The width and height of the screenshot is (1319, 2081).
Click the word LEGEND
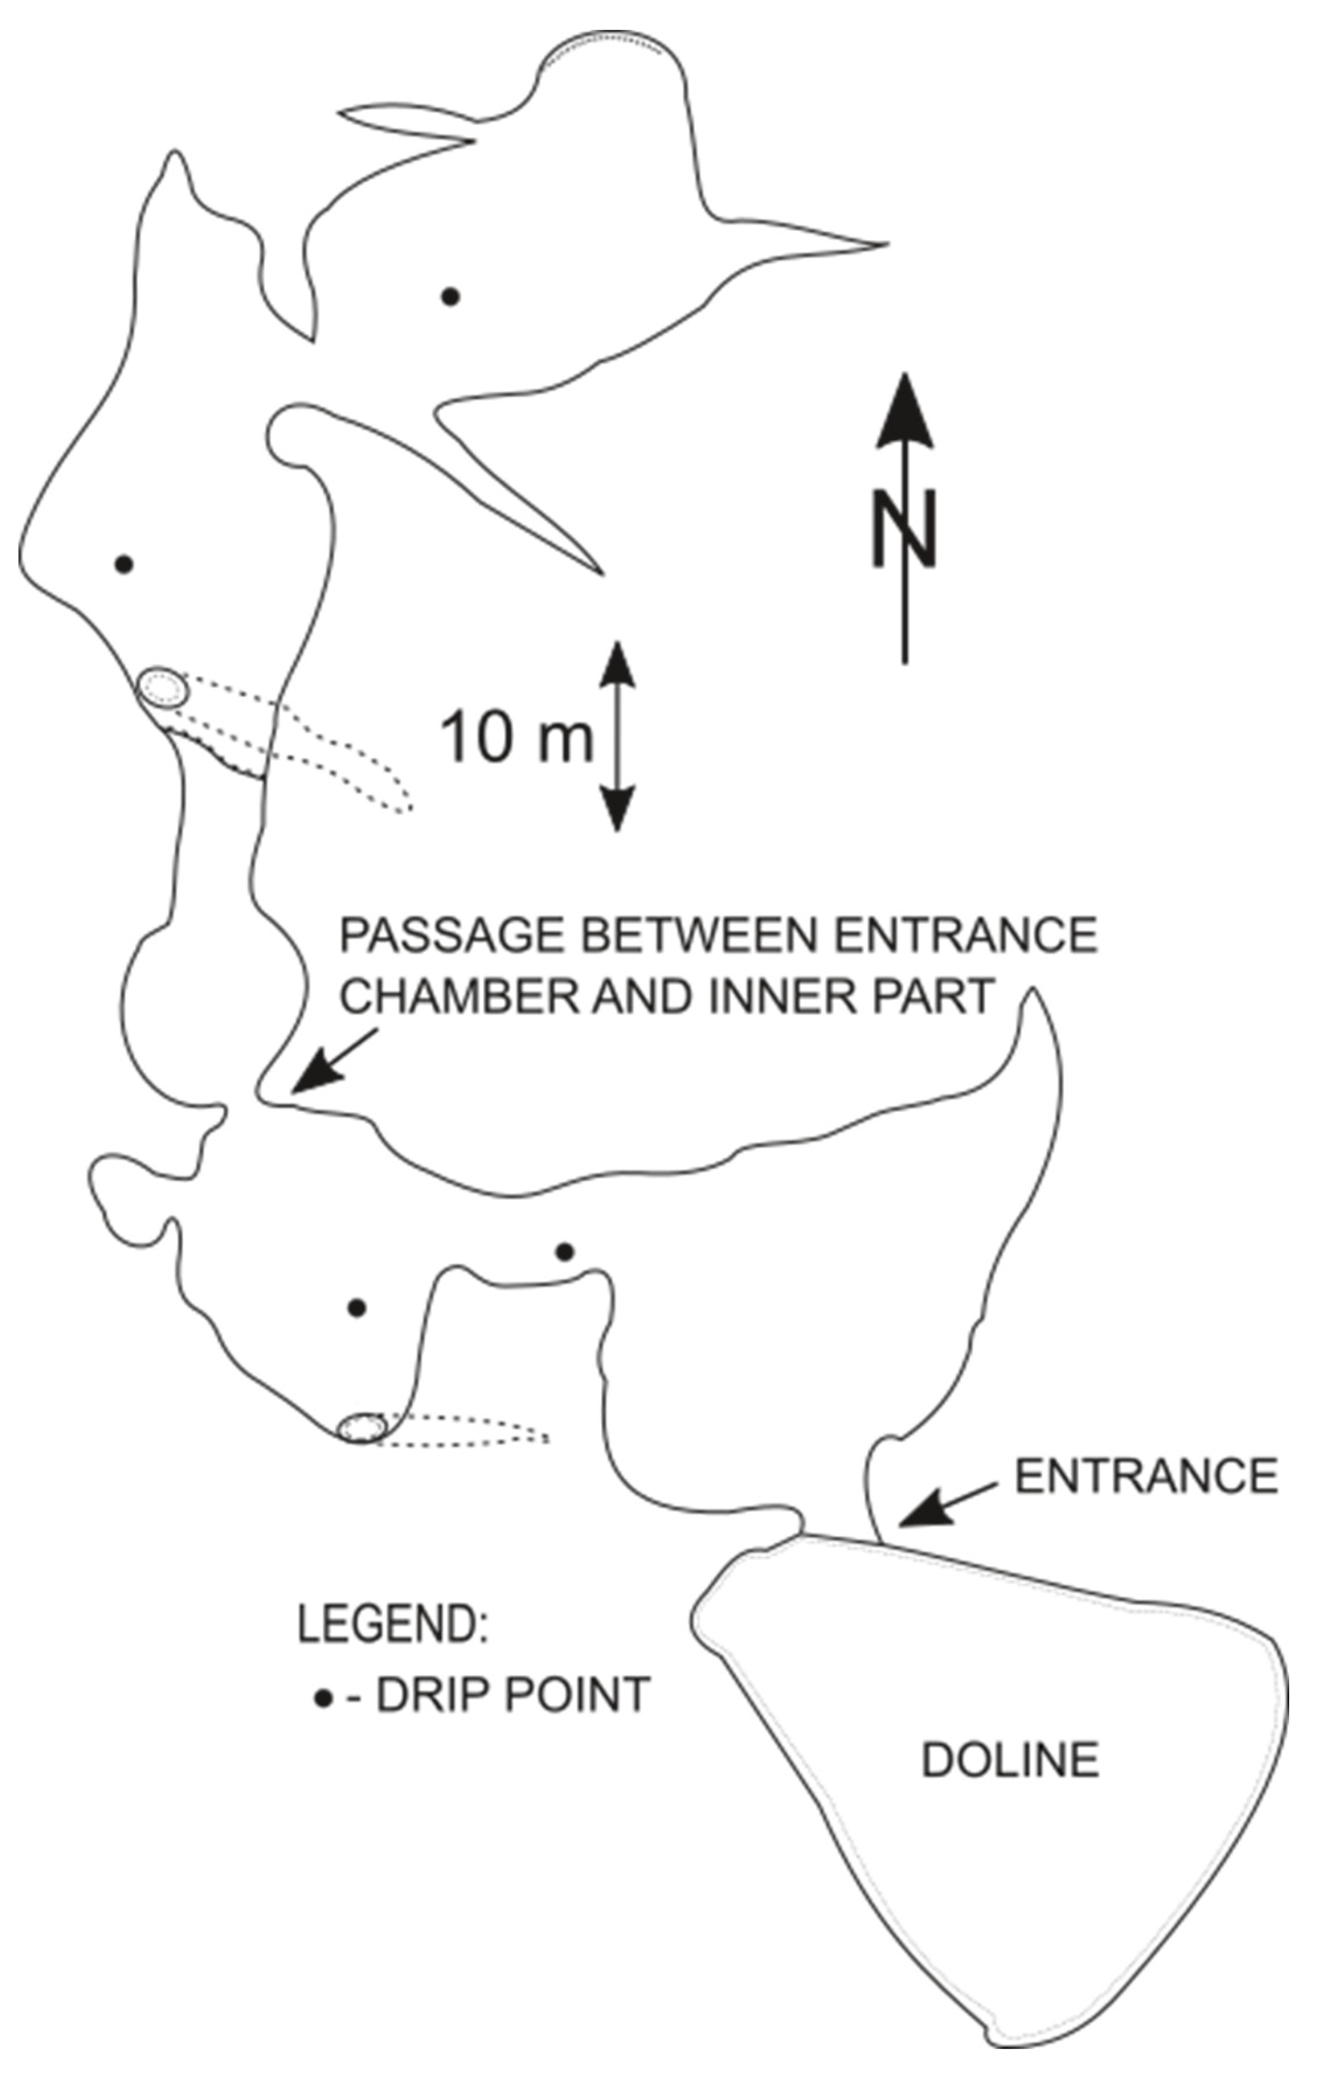(393, 1625)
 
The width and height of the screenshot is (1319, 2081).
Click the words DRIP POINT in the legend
(512, 1695)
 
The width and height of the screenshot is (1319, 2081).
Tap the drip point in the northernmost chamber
(450, 296)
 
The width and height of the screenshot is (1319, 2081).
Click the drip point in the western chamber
(124, 564)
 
